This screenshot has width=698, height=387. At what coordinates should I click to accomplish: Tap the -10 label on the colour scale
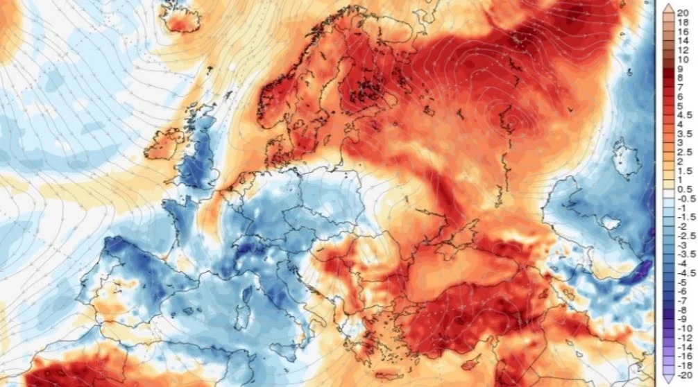[x=683, y=327]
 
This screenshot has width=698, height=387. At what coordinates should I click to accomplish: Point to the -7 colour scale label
[x=683, y=300]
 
